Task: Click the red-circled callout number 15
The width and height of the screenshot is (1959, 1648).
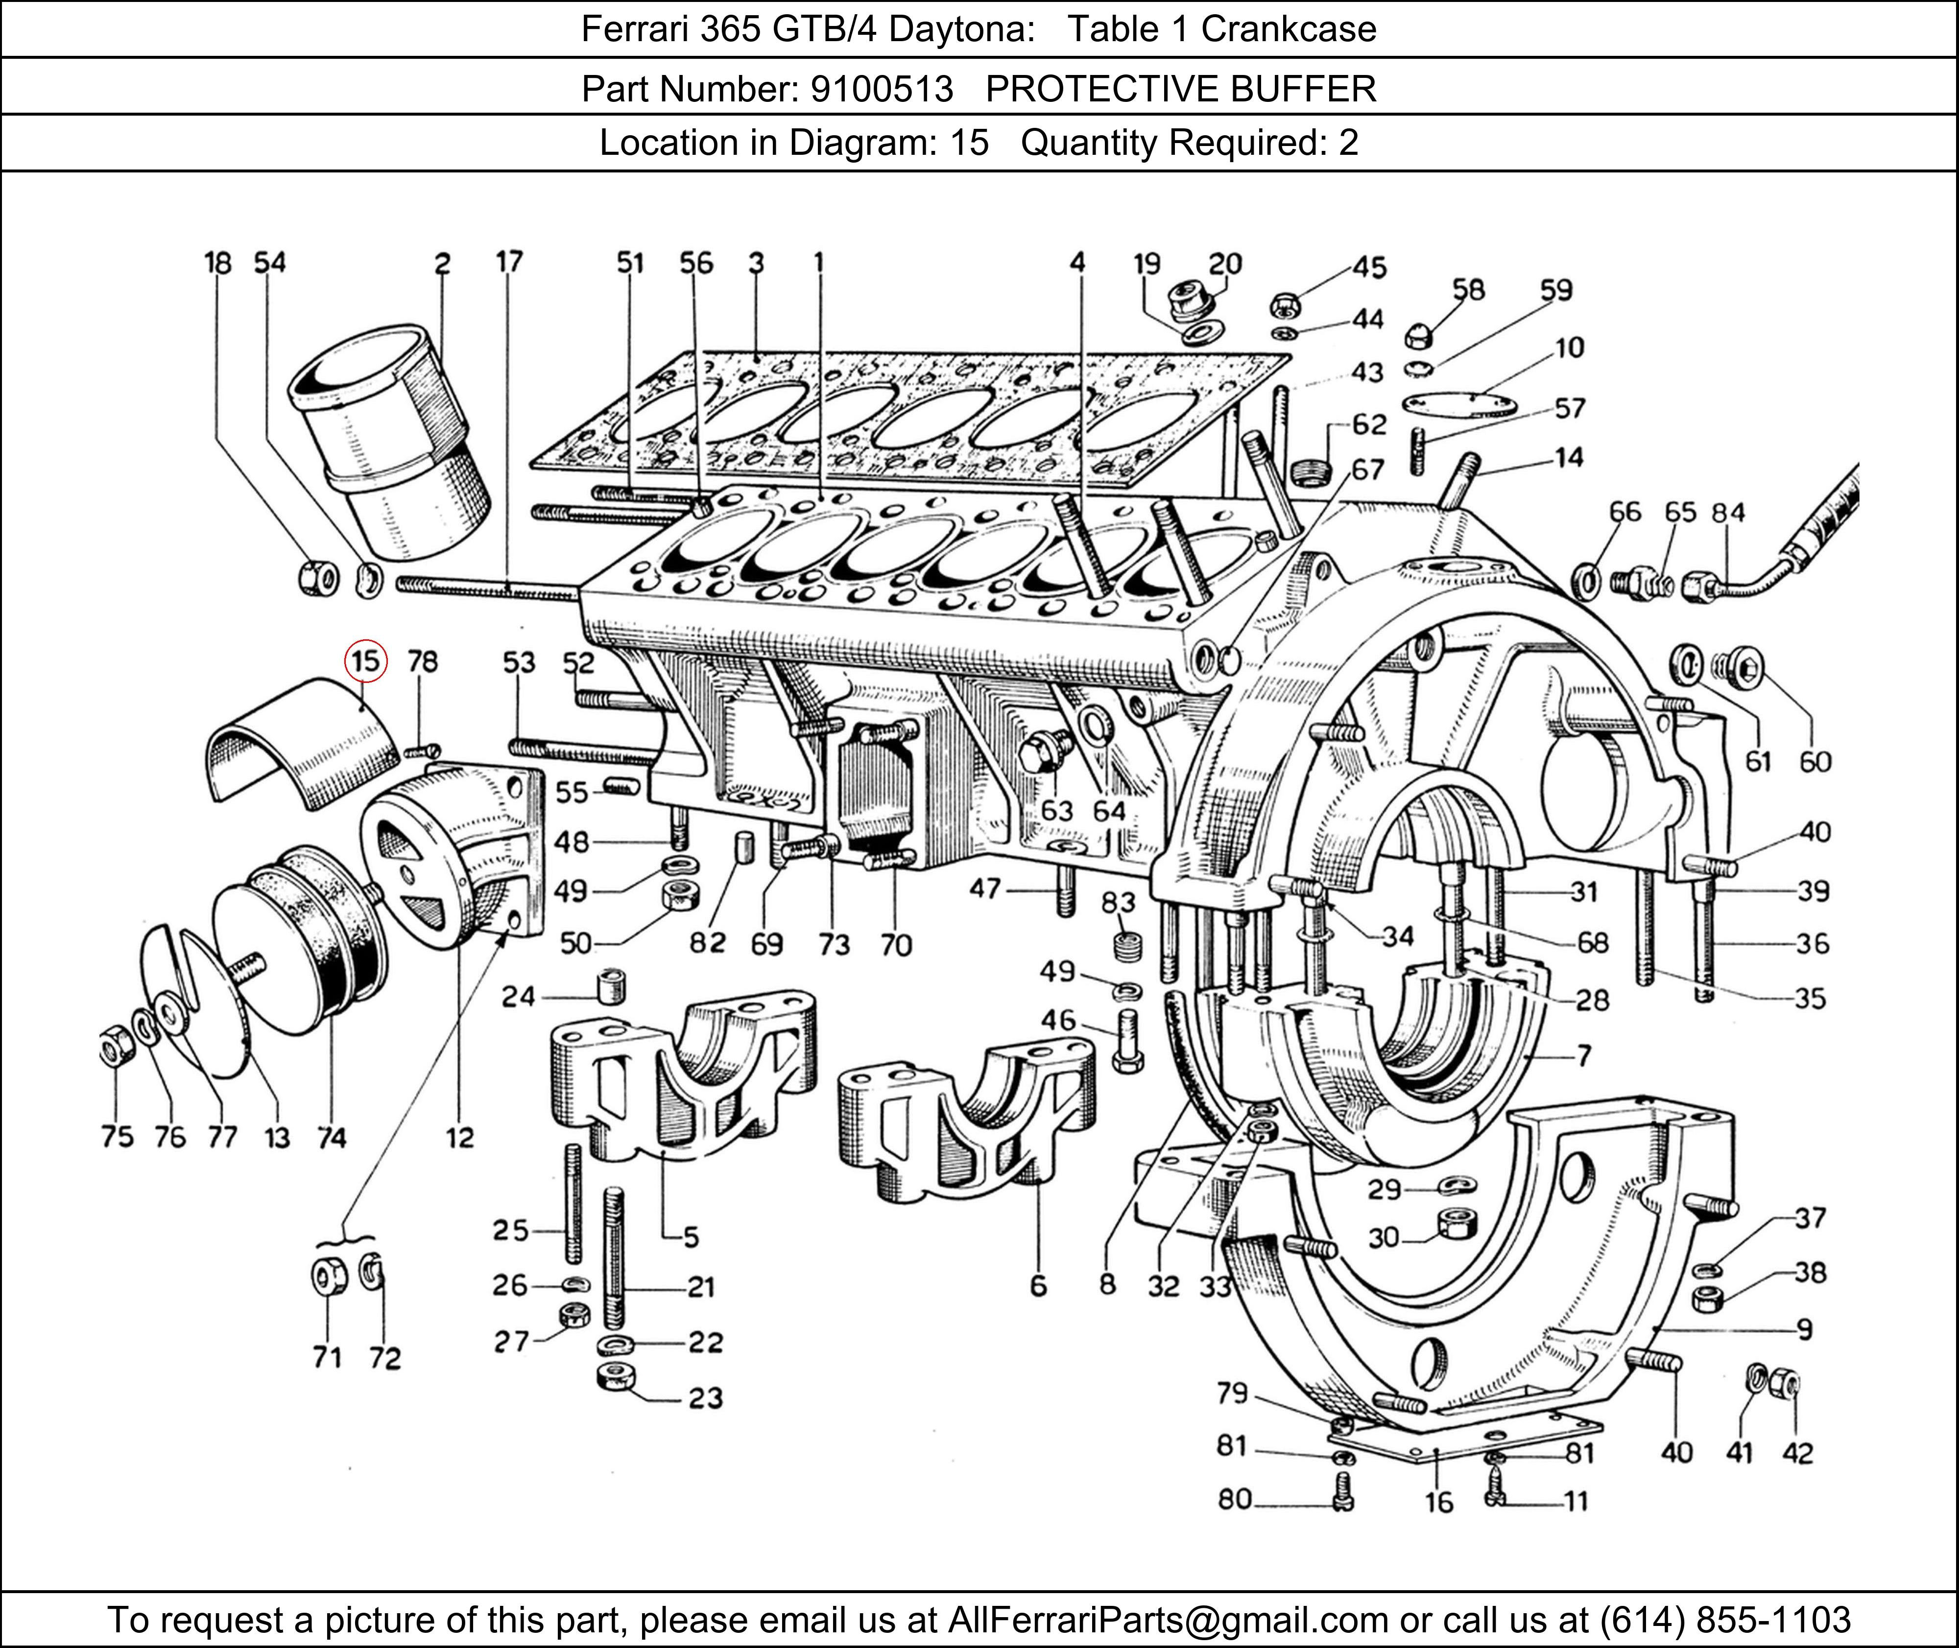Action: point(364,661)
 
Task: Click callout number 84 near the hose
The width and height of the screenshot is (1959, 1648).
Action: point(1727,513)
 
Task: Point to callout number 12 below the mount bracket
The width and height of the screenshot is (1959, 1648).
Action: point(459,1138)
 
